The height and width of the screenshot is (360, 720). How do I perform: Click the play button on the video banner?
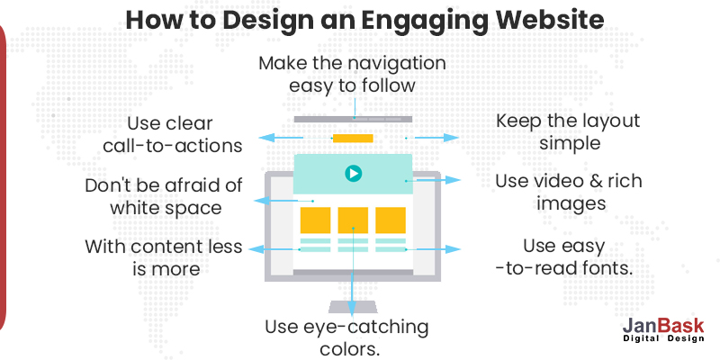(x=353, y=173)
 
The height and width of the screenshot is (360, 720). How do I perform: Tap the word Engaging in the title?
(x=420, y=21)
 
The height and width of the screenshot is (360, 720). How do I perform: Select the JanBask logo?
(x=662, y=330)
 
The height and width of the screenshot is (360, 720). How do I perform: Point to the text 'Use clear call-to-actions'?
(x=171, y=133)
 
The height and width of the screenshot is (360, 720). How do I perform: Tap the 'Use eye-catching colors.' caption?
(x=346, y=337)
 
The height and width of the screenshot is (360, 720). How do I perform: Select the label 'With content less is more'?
(x=163, y=256)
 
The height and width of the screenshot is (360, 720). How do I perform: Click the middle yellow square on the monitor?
(x=353, y=220)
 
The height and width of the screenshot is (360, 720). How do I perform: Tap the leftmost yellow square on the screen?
(x=315, y=220)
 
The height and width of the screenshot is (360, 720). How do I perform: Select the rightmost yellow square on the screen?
(x=391, y=220)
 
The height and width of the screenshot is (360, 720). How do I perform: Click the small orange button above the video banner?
(x=352, y=138)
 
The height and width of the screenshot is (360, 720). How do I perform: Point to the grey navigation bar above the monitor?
(x=352, y=119)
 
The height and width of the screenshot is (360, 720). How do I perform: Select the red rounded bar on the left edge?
(x=4, y=180)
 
